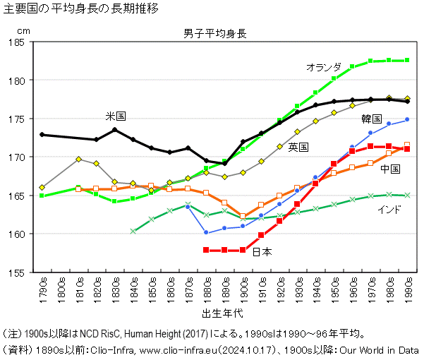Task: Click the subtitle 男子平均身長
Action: click(x=214, y=34)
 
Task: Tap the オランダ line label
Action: click(x=324, y=67)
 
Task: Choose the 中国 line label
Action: click(x=389, y=169)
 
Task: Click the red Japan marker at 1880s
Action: click(x=206, y=250)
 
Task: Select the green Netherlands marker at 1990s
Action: click(x=407, y=60)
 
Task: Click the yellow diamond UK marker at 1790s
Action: click(x=42, y=188)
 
